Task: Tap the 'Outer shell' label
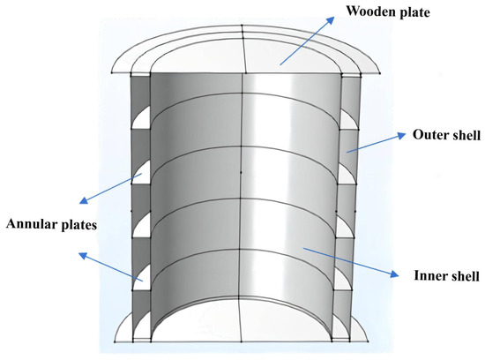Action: click(446, 137)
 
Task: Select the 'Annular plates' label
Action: click(50, 223)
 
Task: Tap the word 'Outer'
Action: click(429, 137)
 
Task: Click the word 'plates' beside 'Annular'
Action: click(77, 223)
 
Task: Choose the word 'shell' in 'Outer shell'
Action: click(464, 137)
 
